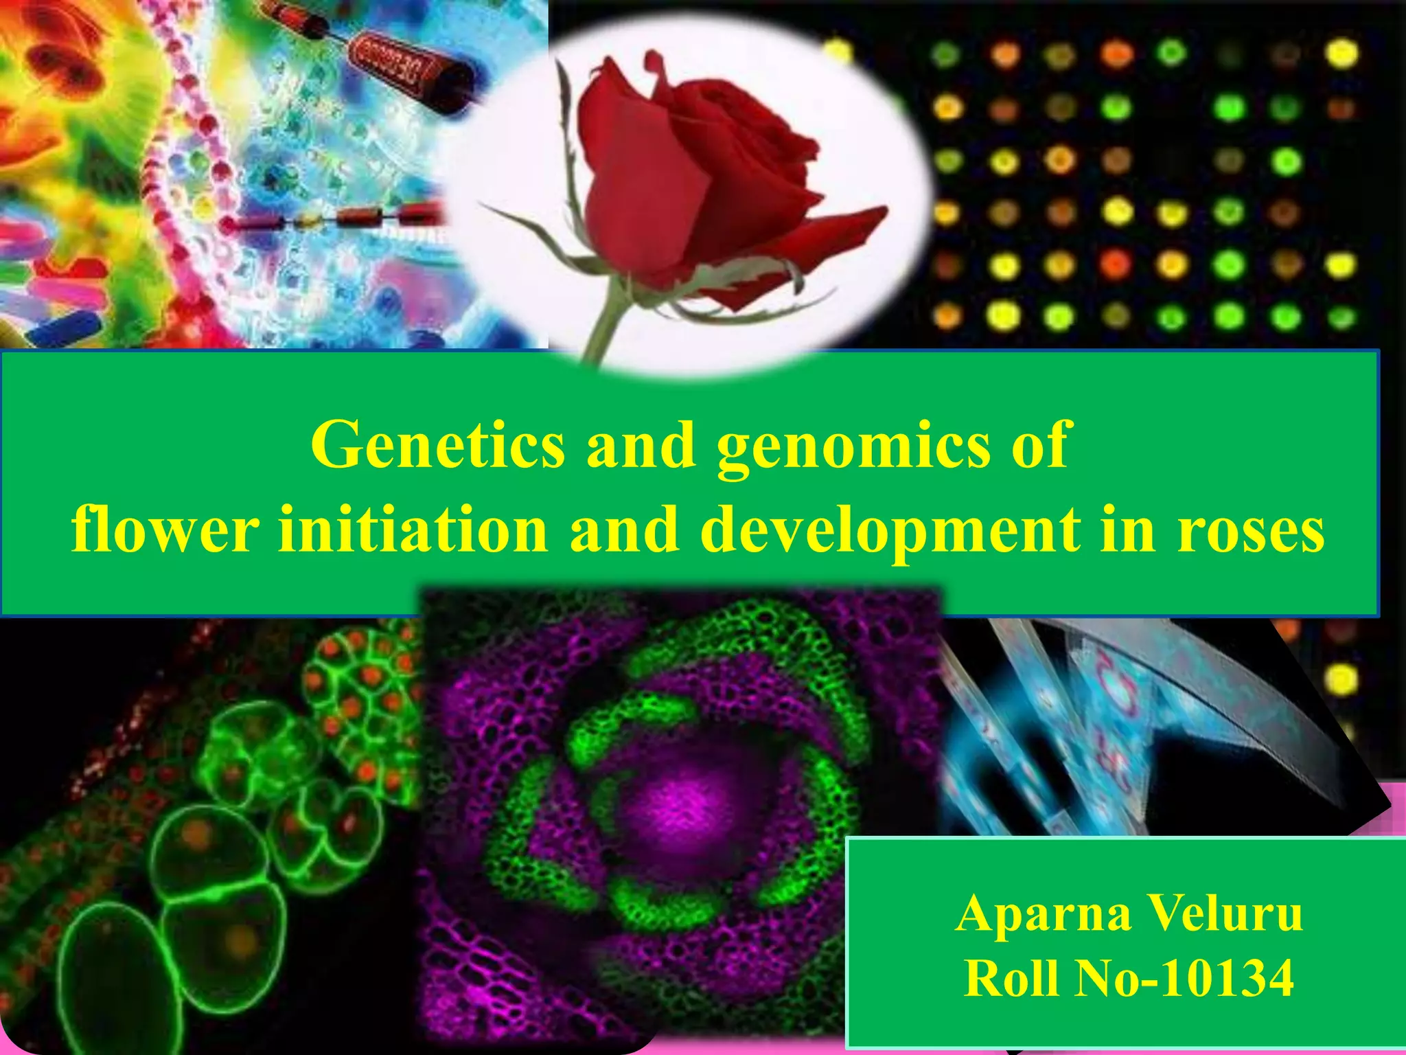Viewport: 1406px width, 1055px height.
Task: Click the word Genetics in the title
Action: coord(437,446)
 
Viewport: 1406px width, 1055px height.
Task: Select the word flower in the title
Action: coord(165,530)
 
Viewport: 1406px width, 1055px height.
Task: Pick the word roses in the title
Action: coord(1251,531)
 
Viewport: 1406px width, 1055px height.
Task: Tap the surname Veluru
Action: coord(1226,914)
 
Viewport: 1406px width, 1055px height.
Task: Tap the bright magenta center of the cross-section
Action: coord(680,800)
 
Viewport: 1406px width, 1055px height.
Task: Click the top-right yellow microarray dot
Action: coord(1342,54)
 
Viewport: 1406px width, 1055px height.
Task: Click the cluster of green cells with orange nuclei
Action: coord(360,670)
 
